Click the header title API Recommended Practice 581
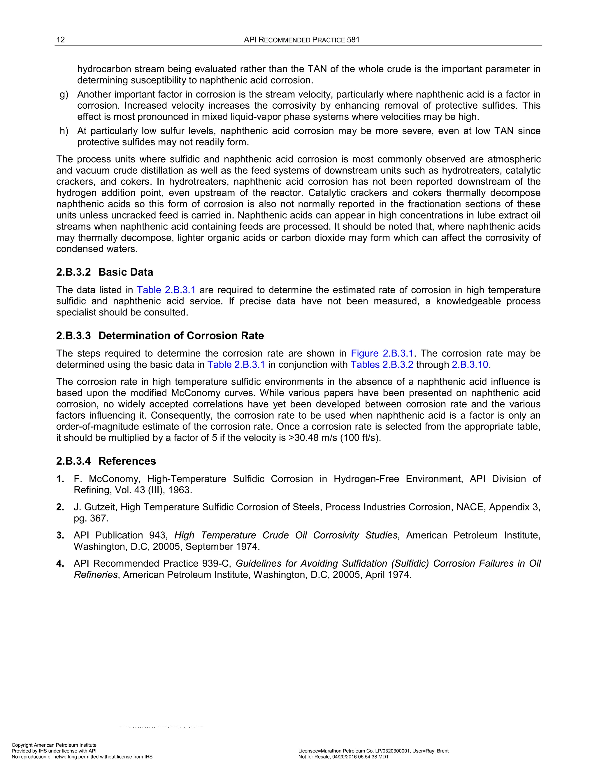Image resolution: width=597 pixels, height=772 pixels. point(301,40)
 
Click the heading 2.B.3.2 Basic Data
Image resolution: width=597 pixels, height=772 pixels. point(105,272)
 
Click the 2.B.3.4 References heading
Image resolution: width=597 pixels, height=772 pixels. point(106,461)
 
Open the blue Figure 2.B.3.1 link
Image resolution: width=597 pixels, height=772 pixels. point(382,353)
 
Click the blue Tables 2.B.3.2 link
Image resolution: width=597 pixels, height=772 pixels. point(382,364)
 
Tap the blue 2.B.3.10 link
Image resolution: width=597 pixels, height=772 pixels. point(470,364)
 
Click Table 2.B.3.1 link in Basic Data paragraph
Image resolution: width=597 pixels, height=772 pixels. point(166,290)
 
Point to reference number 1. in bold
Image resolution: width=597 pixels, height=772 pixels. point(60,479)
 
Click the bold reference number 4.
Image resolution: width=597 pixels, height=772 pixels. point(60,563)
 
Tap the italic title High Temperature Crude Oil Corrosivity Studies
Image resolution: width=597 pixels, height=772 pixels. point(286,535)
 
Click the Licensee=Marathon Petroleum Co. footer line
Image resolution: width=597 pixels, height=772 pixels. point(373,751)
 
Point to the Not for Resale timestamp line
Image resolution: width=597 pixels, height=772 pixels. point(343,757)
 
